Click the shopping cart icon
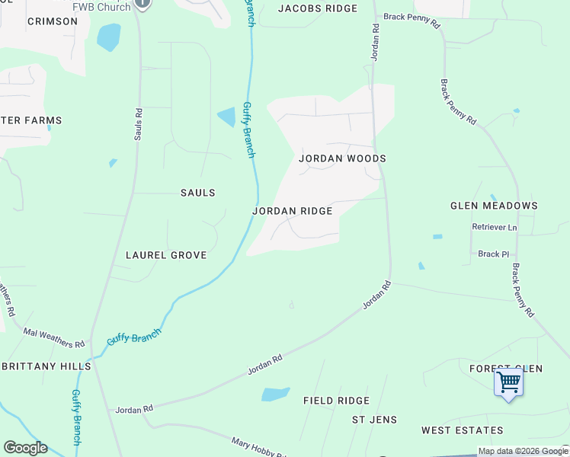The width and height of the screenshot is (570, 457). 508,381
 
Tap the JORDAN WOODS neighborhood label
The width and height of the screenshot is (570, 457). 342,158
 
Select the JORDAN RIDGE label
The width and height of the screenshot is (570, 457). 292,211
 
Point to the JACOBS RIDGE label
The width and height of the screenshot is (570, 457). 317,8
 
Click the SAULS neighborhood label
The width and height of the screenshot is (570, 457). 197,193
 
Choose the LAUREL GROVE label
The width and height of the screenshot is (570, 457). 166,255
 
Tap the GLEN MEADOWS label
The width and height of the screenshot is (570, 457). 494,206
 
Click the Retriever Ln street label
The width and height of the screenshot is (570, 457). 494,227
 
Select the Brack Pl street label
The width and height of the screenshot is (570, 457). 493,254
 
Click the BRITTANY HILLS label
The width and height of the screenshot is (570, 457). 46,366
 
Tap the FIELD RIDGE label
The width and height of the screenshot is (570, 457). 336,401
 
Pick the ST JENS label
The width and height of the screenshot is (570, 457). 371,420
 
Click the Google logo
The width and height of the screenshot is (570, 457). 25,448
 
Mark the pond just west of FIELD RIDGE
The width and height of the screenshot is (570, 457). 275,394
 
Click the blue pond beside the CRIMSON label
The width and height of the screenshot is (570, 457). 108,37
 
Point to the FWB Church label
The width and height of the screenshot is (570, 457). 101,6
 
